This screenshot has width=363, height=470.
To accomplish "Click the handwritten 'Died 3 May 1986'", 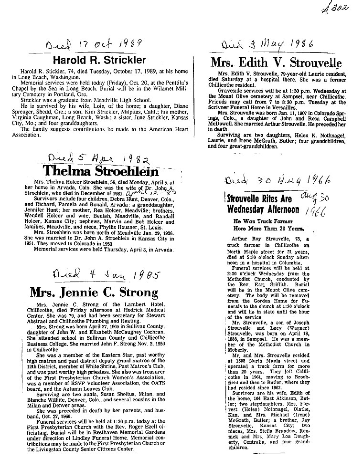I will click(267, 46).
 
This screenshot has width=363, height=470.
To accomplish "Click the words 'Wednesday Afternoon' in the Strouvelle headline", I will click(263, 209).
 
